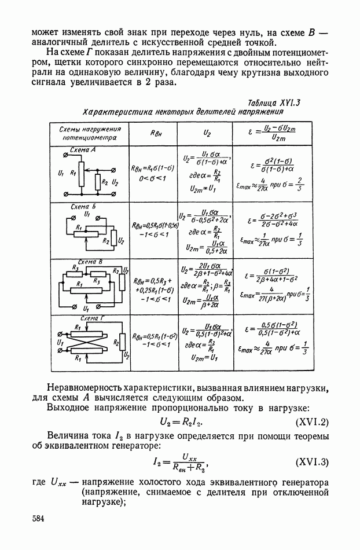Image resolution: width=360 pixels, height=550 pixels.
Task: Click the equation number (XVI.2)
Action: pyautogui.click(x=312, y=423)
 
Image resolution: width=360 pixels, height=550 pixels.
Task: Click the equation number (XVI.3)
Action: pyautogui.click(x=312, y=462)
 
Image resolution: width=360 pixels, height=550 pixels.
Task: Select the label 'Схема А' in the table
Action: pyautogui.click(x=83, y=149)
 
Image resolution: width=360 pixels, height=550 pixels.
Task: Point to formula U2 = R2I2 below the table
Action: pyautogui.click(x=185, y=423)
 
